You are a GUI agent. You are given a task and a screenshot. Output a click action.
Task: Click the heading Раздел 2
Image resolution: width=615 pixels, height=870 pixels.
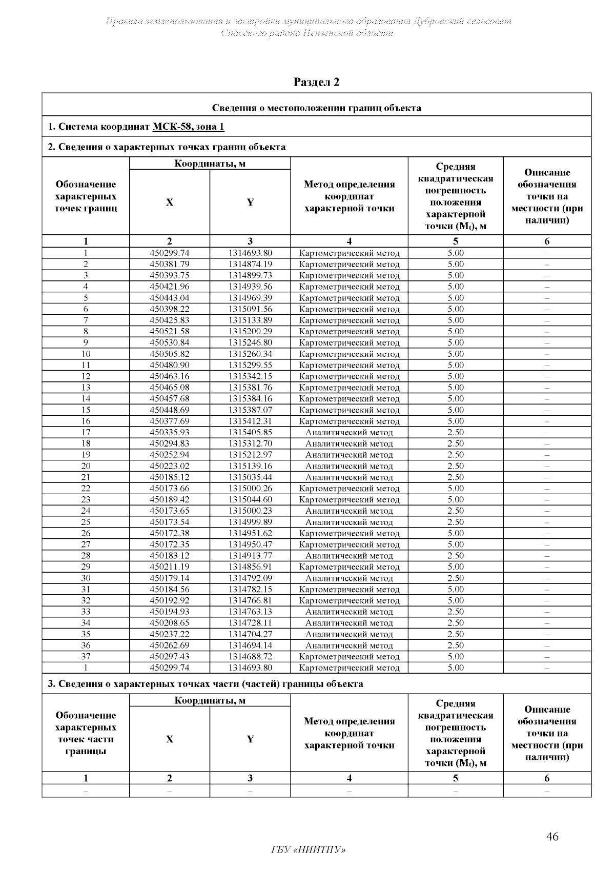pyautogui.click(x=316, y=82)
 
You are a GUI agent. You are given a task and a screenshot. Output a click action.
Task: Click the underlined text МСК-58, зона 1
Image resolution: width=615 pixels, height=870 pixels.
pyautogui.click(x=188, y=127)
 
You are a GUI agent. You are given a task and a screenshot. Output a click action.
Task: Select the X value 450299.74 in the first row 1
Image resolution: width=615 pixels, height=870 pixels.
pyautogui.click(x=170, y=253)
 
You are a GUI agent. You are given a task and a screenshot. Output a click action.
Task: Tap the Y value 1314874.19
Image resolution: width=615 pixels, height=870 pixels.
pyautogui.click(x=250, y=264)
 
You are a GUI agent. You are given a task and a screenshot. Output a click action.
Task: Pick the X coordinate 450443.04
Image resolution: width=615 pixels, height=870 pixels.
pyautogui.click(x=170, y=298)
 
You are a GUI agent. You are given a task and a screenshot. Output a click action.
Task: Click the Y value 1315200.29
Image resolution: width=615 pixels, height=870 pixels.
pyautogui.click(x=250, y=331)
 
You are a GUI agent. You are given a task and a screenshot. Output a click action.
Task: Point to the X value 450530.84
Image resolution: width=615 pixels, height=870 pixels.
pyautogui.click(x=170, y=342)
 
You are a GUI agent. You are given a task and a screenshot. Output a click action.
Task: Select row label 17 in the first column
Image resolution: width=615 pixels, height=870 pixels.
pyautogui.click(x=86, y=432)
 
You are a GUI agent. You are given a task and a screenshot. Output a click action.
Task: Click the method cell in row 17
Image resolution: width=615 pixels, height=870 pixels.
pyautogui.click(x=349, y=432)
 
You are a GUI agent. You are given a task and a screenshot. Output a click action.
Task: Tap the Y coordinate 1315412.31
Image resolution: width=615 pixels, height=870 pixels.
pyautogui.click(x=250, y=421)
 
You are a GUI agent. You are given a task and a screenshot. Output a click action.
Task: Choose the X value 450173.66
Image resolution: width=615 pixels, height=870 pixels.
pyautogui.click(x=170, y=488)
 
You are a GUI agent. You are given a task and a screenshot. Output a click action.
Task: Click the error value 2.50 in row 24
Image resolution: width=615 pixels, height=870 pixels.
pyautogui.click(x=455, y=511)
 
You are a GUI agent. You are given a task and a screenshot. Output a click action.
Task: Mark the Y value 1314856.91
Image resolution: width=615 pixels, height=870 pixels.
pyautogui.click(x=250, y=566)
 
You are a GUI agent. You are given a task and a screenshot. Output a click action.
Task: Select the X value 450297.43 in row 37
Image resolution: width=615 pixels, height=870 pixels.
pyautogui.click(x=170, y=656)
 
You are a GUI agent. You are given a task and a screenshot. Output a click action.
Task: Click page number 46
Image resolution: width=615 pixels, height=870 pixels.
pyautogui.click(x=552, y=837)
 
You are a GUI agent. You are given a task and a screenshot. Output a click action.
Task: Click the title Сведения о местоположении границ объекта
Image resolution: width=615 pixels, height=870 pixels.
pyautogui.click(x=316, y=108)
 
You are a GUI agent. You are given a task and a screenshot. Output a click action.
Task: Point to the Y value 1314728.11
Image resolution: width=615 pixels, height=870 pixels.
pyautogui.click(x=250, y=623)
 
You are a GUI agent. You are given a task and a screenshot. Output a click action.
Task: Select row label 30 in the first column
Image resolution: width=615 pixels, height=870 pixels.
pyautogui.click(x=86, y=578)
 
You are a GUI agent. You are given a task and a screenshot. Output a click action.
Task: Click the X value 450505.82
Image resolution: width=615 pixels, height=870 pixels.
pyautogui.click(x=170, y=354)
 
